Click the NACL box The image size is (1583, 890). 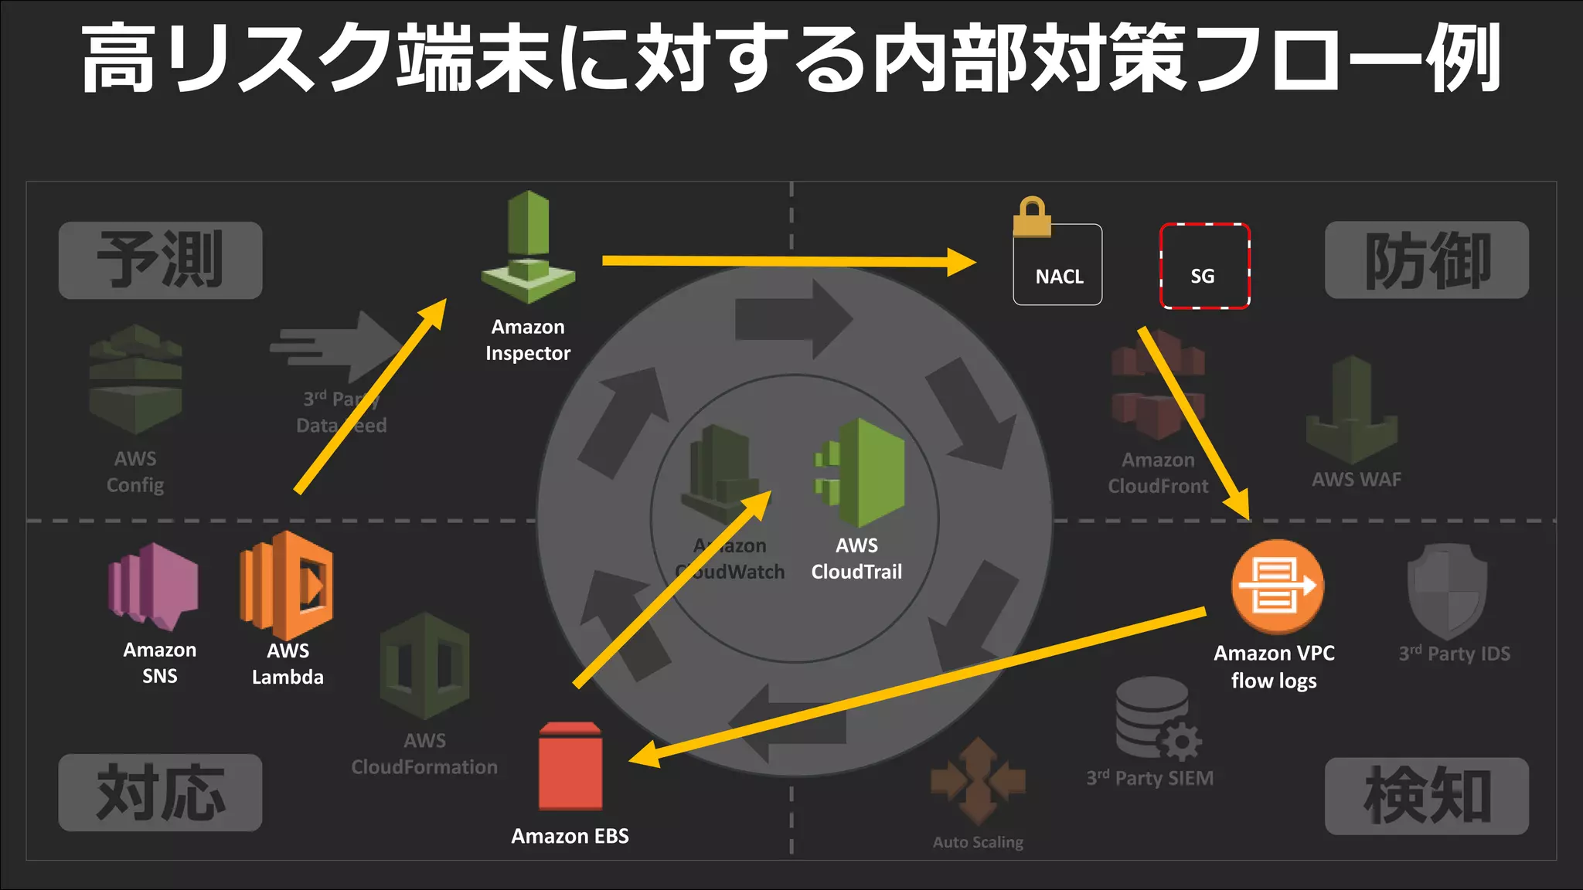[1057, 265]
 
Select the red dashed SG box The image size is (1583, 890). [1204, 266]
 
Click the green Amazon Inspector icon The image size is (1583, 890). [528, 247]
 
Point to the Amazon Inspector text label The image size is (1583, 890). [528, 340]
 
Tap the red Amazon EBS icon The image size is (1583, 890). [570, 766]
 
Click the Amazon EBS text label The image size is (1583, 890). [570, 836]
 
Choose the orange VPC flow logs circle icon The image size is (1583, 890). [1277, 586]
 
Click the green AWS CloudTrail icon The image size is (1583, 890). [860, 473]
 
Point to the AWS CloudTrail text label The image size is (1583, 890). [856, 559]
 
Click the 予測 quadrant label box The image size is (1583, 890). [161, 260]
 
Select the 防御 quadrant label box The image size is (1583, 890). [1426, 260]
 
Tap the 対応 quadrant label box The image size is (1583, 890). [161, 793]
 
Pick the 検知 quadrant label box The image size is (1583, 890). [1426, 796]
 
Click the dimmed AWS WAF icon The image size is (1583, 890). [1352, 409]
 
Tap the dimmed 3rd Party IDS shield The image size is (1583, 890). [1447, 591]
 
